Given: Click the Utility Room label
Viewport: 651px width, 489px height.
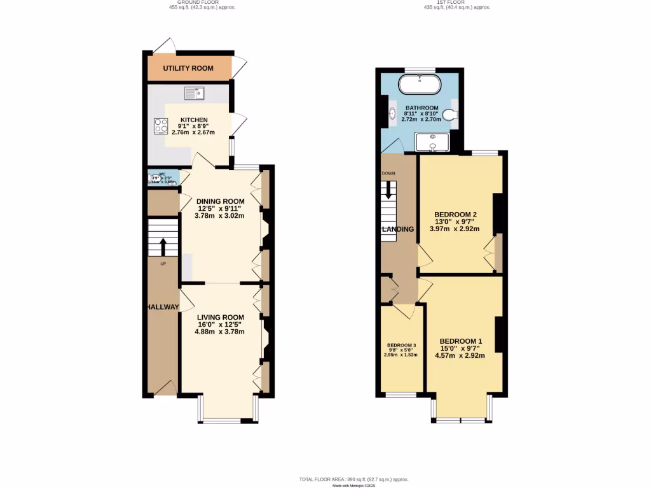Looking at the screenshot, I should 188,69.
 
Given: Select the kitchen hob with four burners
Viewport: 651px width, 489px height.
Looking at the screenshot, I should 159,126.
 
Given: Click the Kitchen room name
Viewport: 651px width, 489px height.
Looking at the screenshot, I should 194,120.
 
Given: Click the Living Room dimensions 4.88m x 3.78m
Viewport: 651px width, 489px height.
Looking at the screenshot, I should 221,331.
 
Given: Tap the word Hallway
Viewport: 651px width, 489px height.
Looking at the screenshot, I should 163,307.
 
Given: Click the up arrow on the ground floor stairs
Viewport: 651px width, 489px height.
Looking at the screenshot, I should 163,246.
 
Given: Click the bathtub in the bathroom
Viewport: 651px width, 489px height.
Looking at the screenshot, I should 420,84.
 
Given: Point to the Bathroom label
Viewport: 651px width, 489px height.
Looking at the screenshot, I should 421,108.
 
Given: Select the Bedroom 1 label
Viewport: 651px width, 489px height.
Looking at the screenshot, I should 460,341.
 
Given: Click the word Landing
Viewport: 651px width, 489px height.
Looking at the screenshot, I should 398,229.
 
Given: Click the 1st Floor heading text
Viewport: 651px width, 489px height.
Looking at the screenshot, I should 457,3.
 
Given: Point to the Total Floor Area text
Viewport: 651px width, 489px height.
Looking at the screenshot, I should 353,479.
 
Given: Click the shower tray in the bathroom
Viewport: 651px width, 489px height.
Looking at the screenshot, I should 432,143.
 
